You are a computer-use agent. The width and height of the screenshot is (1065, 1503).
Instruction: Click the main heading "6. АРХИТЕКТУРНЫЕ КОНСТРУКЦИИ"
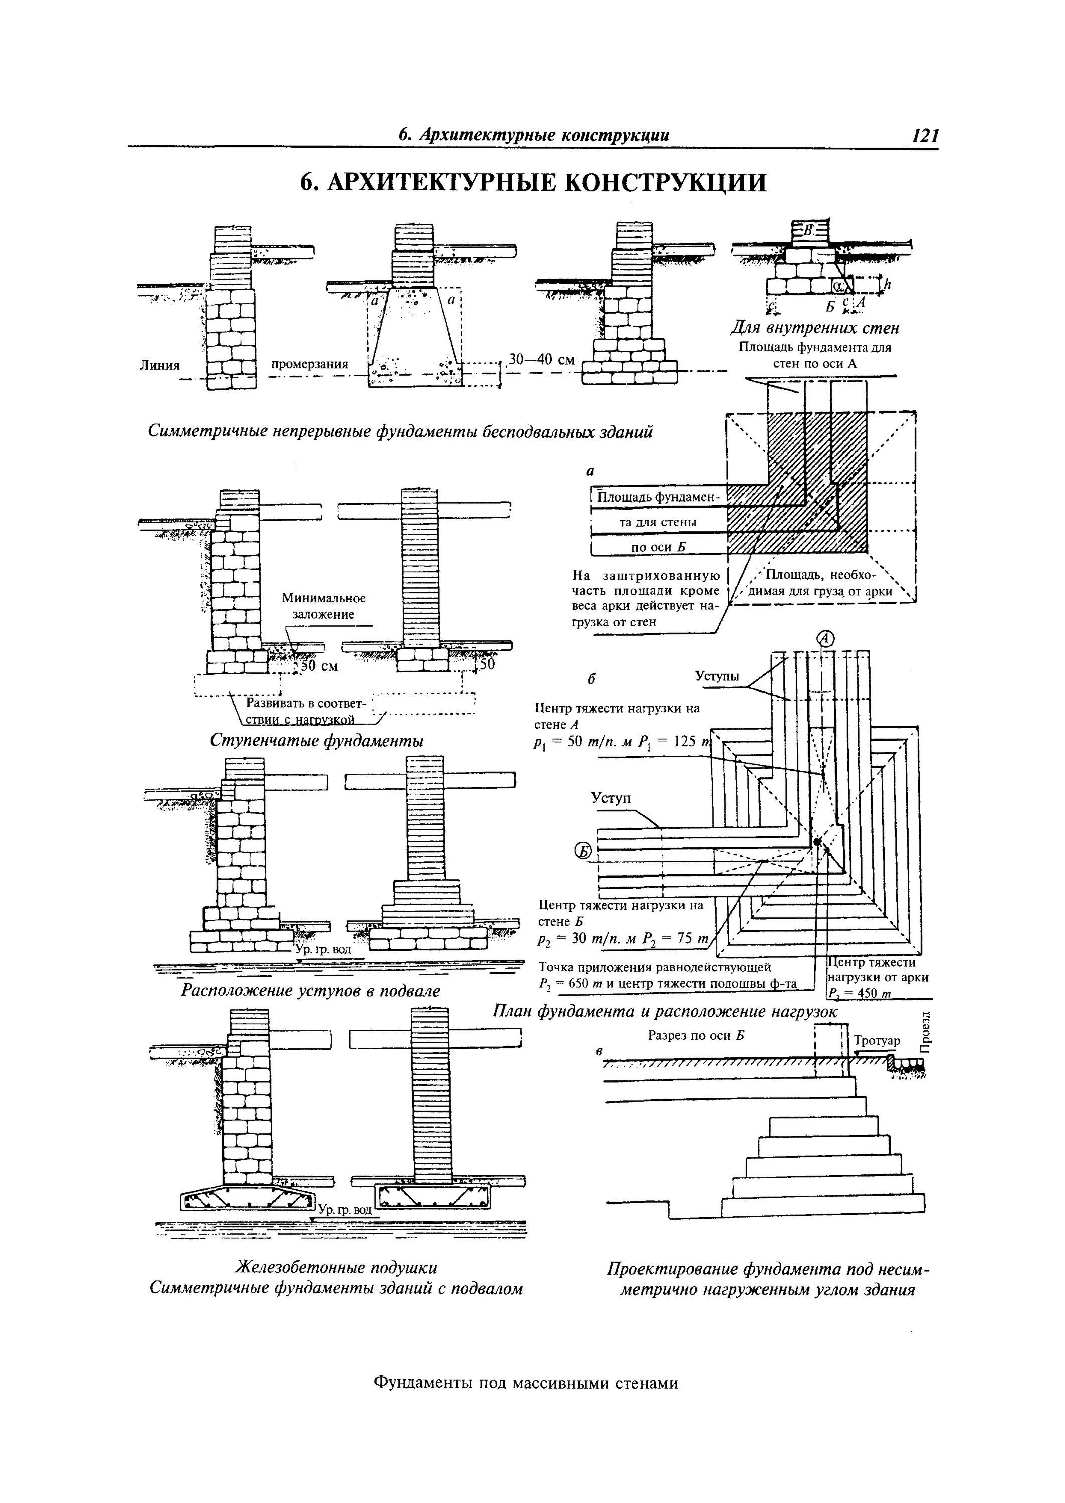click(x=532, y=183)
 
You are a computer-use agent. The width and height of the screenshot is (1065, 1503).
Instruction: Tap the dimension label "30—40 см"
click(x=542, y=360)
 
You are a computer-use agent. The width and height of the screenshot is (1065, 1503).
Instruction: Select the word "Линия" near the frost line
click(x=160, y=365)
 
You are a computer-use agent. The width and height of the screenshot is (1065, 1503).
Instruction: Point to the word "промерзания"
click(x=310, y=364)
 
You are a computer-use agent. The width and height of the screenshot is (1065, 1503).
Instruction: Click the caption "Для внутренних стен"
click(x=814, y=328)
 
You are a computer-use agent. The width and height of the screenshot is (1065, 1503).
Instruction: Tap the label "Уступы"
click(x=717, y=676)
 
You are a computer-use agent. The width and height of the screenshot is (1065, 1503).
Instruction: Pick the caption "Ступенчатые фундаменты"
click(x=317, y=740)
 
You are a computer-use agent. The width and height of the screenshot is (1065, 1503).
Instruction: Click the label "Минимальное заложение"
click(x=323, y=606)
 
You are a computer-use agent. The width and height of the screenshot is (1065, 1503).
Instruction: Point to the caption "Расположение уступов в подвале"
click(x=310, y=991)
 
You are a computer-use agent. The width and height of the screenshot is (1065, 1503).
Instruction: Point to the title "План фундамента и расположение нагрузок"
click(x=665, y=1012)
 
